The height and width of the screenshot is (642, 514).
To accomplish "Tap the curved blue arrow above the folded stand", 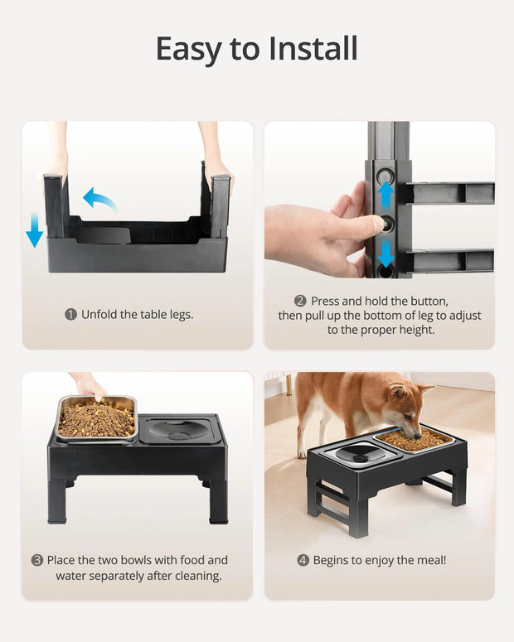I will coord(99,198).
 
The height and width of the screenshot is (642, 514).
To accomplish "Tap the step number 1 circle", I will coord(71,315).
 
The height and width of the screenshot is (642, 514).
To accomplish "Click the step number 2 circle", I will coord(300,302).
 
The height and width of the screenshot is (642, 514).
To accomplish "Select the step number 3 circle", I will coord(37,561).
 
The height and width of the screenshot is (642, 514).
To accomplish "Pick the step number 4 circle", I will coord(303,561).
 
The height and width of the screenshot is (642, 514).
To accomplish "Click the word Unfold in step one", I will coord(99,315).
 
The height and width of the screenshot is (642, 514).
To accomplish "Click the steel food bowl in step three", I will coord(95,419).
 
